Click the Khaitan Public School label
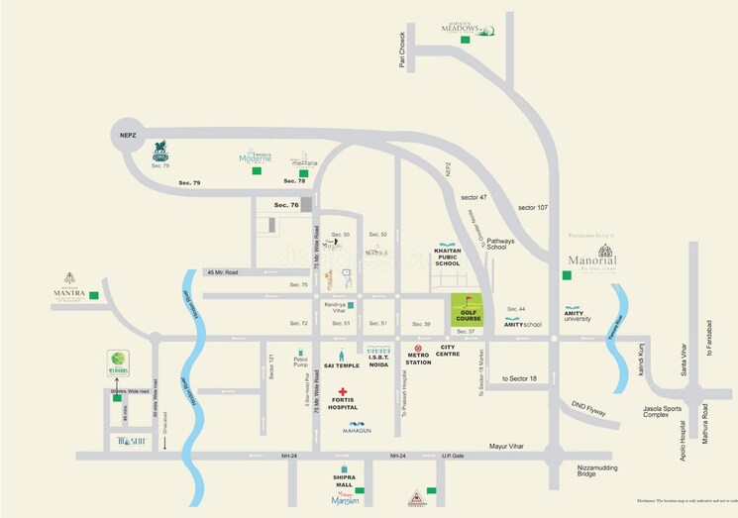point(447,258)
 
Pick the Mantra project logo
point(69,284)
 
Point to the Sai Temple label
point(340,366)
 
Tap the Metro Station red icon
point(418,349)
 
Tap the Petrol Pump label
point(301,362)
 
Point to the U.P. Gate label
point(453,455)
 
